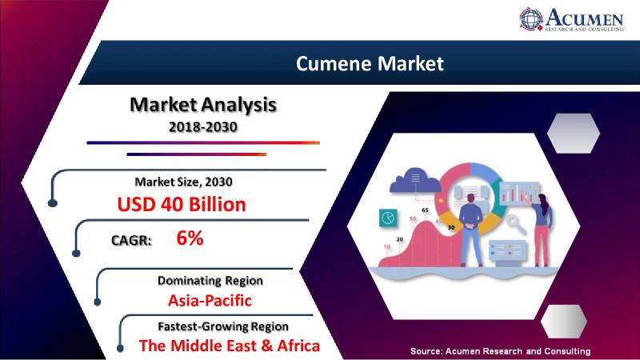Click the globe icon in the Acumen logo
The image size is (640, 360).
[x=531, y=18]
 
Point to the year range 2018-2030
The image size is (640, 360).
[x=203, y=127]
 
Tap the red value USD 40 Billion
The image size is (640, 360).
[x=182, y=205]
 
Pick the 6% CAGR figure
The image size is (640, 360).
[x=190, y=238]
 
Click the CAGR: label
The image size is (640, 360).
[x=131, y=241]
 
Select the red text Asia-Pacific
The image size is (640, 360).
[x=210, y=301]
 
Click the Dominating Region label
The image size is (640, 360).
[x=210, y=281]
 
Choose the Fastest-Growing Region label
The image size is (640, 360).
[x=223, y=326]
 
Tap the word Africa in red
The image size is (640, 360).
[x=298, y=346]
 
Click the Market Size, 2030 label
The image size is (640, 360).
[x=184, y=182]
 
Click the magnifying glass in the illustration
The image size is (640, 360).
[x=516, y=224]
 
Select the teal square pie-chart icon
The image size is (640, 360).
[x=388, y=218]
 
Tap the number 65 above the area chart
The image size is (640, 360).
[x=425, y=210]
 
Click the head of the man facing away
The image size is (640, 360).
[x=470, y=198]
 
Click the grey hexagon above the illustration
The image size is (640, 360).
[x=573, y=134]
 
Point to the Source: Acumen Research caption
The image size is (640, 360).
[x=501, y=351]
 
